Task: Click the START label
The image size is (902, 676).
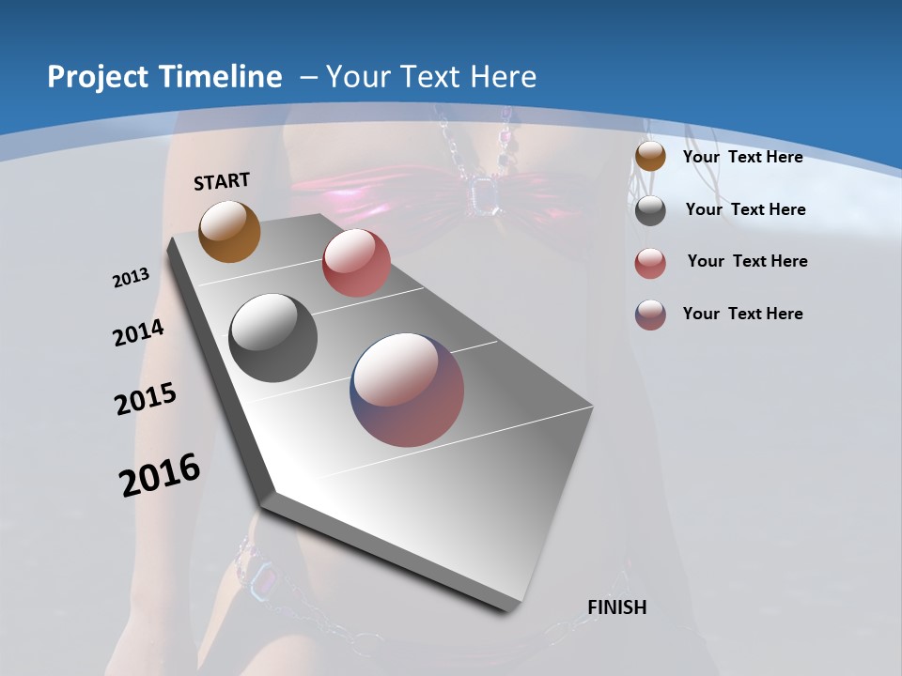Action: pyautogui.click(x=222, y=181)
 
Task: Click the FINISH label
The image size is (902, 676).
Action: pyautogui.click(x=616, y=607)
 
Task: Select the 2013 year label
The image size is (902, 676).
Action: pyautogui.click(x=132, y=277)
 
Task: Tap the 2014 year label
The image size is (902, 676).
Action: pyautogui.click(x=138, y=332)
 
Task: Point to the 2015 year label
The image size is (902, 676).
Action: pyautogui.click(x=146, y=398)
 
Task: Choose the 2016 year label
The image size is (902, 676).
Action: pyautogui.click(x=160, y=474)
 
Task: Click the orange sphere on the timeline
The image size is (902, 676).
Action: pyautogui.click(x=229, y=231)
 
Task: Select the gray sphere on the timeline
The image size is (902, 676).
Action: pyautogui.click(x=273, y=337)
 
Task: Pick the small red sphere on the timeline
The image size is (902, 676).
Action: pyautogui.click(x=356, y=263)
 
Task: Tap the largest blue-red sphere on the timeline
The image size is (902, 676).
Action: pyautogui.click(x=407, y=390)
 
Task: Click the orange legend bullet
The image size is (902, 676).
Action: pyautogui.click(x=650, y=156)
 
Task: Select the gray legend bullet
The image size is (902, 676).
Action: pyautogui.click(x=650, y=210)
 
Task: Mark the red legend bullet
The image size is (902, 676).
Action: pyautogui.click(x=650, y=263)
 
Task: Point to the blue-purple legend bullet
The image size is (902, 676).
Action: pyautogui.click(x=650, y=315)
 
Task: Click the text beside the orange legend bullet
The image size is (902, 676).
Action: pyautogui.click(x=742, y=157)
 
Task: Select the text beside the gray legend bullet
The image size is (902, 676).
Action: pyautogui.click(x=745, y=209)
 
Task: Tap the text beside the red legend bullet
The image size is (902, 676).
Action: pyautogui.click(x=747, y=261)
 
